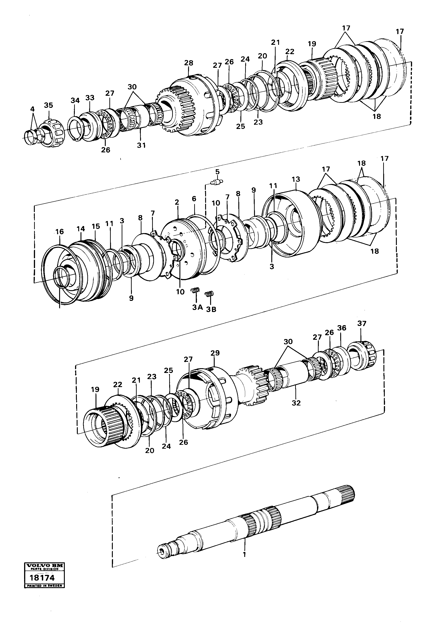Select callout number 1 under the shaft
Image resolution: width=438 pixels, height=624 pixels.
pos(244,554)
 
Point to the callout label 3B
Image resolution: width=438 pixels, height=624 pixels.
pos(211,309)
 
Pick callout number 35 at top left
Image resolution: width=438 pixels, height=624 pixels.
pos(49,105)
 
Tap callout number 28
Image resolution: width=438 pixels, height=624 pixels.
pos(189,63)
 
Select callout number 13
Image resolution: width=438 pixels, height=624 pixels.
pos(296,179)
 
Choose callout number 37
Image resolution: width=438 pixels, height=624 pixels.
pos(362,323)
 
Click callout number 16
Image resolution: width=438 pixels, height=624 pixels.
pos(60,231)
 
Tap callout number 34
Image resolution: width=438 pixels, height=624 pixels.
pos(75,101)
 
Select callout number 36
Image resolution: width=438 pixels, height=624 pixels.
pos(342,328)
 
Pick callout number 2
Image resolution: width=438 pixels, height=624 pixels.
pos(177,202)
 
